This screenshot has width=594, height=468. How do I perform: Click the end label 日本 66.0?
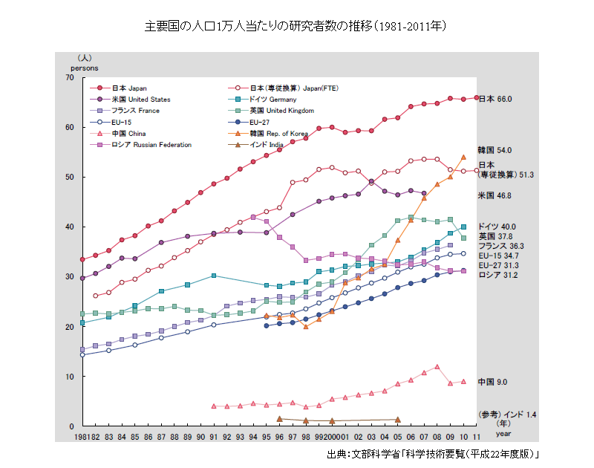point(495,99)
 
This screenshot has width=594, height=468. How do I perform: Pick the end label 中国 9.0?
point(492,382)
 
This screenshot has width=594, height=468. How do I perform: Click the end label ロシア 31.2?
point(498,276)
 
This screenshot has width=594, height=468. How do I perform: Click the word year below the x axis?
point(503,432)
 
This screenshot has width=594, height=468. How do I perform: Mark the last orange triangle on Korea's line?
point(463,157)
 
